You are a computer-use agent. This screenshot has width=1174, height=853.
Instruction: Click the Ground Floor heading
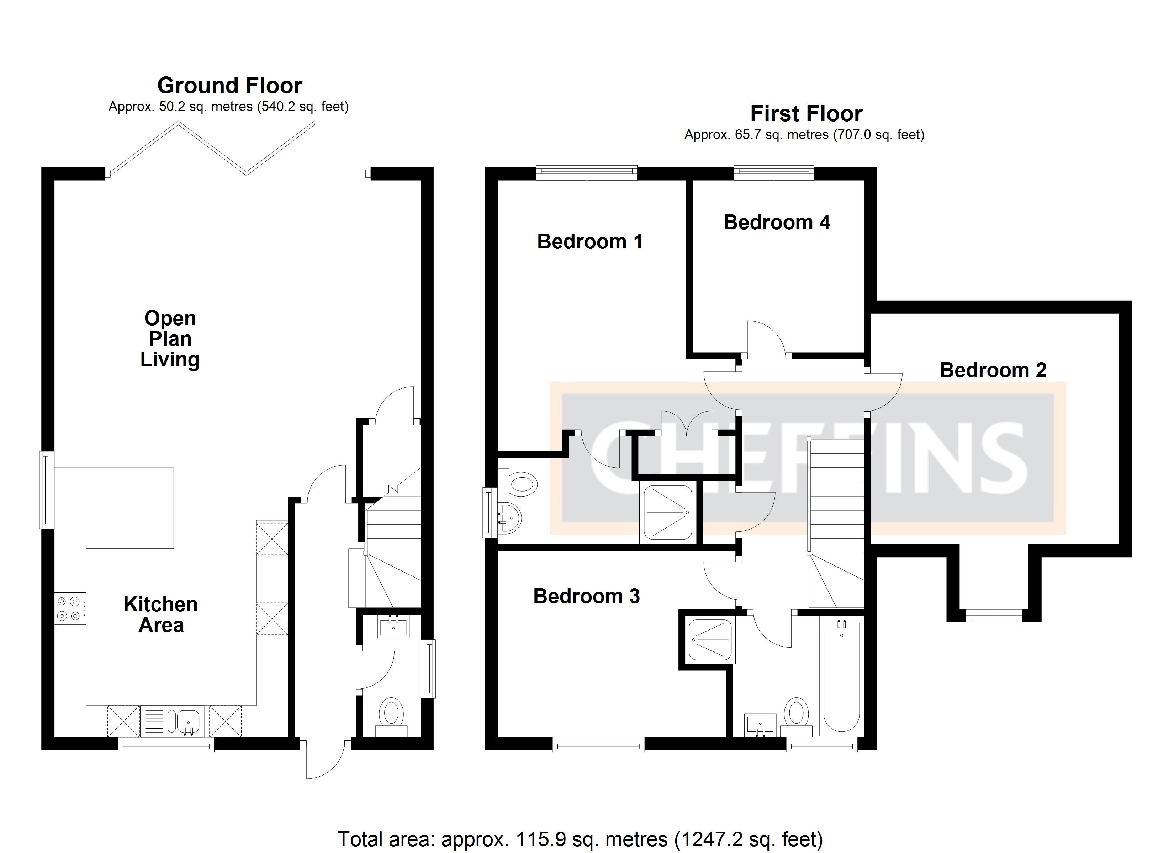[x=229, y=85]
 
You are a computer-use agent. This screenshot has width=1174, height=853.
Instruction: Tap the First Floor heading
[x=806, y=113]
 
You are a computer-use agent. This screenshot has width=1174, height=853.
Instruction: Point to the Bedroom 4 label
[x=777, y=222]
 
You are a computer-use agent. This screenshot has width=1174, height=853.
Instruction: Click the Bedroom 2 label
[x=993, y=370]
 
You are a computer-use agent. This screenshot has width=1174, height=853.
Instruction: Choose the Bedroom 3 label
[x=587, y=596]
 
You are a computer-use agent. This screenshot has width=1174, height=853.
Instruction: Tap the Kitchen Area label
[x=160, y=615]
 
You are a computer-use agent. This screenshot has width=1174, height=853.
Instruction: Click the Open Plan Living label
[x=170, y=339]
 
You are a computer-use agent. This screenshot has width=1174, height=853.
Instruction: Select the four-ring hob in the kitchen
[x=69, y=608]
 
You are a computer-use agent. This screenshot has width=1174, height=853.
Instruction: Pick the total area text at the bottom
[x=580, y=839]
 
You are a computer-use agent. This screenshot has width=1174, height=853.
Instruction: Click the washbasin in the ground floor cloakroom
[x=393, y=627]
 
